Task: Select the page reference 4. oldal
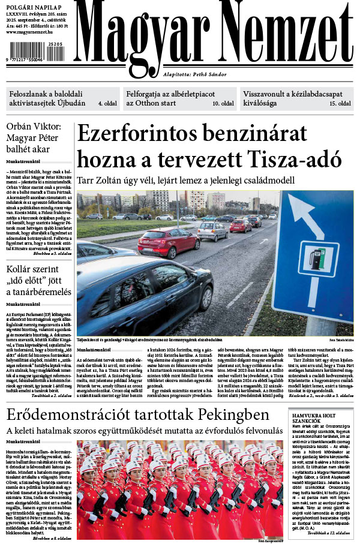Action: [x=107, y=104]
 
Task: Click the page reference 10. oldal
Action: [x=223, y=104]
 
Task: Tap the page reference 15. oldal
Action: [x=340, y=104]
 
